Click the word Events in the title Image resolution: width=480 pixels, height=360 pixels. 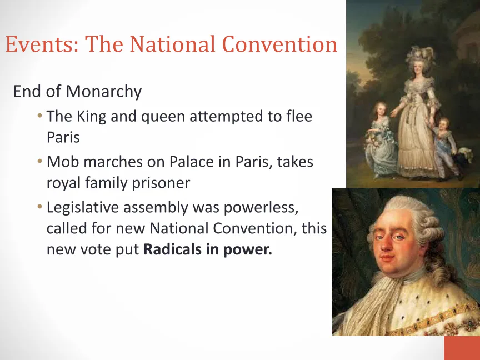tap(42, 44)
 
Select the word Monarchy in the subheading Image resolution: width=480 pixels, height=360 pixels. tap(104, 92)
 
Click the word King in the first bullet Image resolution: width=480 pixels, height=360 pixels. tap(91, 117)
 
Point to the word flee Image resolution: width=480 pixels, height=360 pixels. tap(299, 116)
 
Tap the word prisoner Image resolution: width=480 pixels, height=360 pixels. tap(161, 183)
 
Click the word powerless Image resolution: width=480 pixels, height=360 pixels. tap(261, 208)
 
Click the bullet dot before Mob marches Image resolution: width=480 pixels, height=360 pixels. tap(39, 161)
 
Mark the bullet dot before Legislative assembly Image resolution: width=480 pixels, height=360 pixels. tap(39, 207)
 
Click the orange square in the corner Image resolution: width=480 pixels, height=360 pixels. tap(462, 348)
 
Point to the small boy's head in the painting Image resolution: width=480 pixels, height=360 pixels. tap(443, 123)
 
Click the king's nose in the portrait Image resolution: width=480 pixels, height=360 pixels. tap(388, 245)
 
